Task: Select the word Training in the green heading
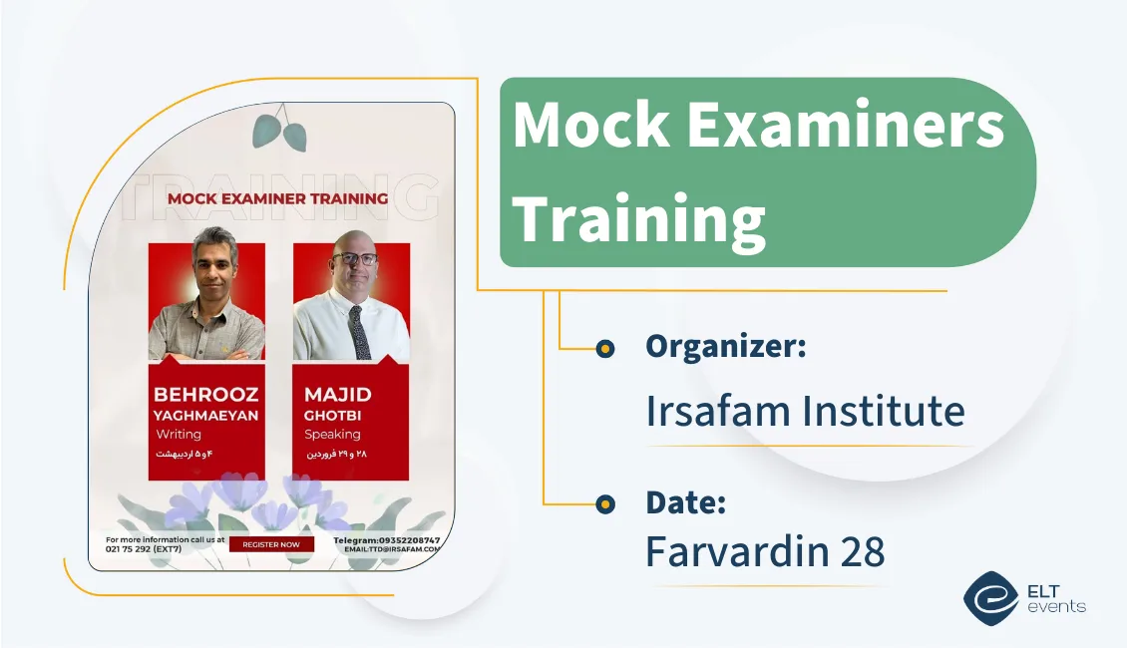(x=638, y=218)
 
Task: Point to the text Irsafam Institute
(x=805, y=411)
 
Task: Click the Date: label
(x=685, y=502)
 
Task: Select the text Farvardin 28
(x=765, y=551)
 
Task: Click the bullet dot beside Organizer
(x=604, y=348)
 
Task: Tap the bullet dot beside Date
(x=604, y=505)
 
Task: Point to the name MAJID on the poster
(x=337, y=395)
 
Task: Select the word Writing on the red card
(x=179, y=435)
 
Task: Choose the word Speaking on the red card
(x=332, y=435)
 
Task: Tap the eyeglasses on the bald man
(x=354, y=259)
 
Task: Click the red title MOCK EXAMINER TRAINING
(x=277, y=198)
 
